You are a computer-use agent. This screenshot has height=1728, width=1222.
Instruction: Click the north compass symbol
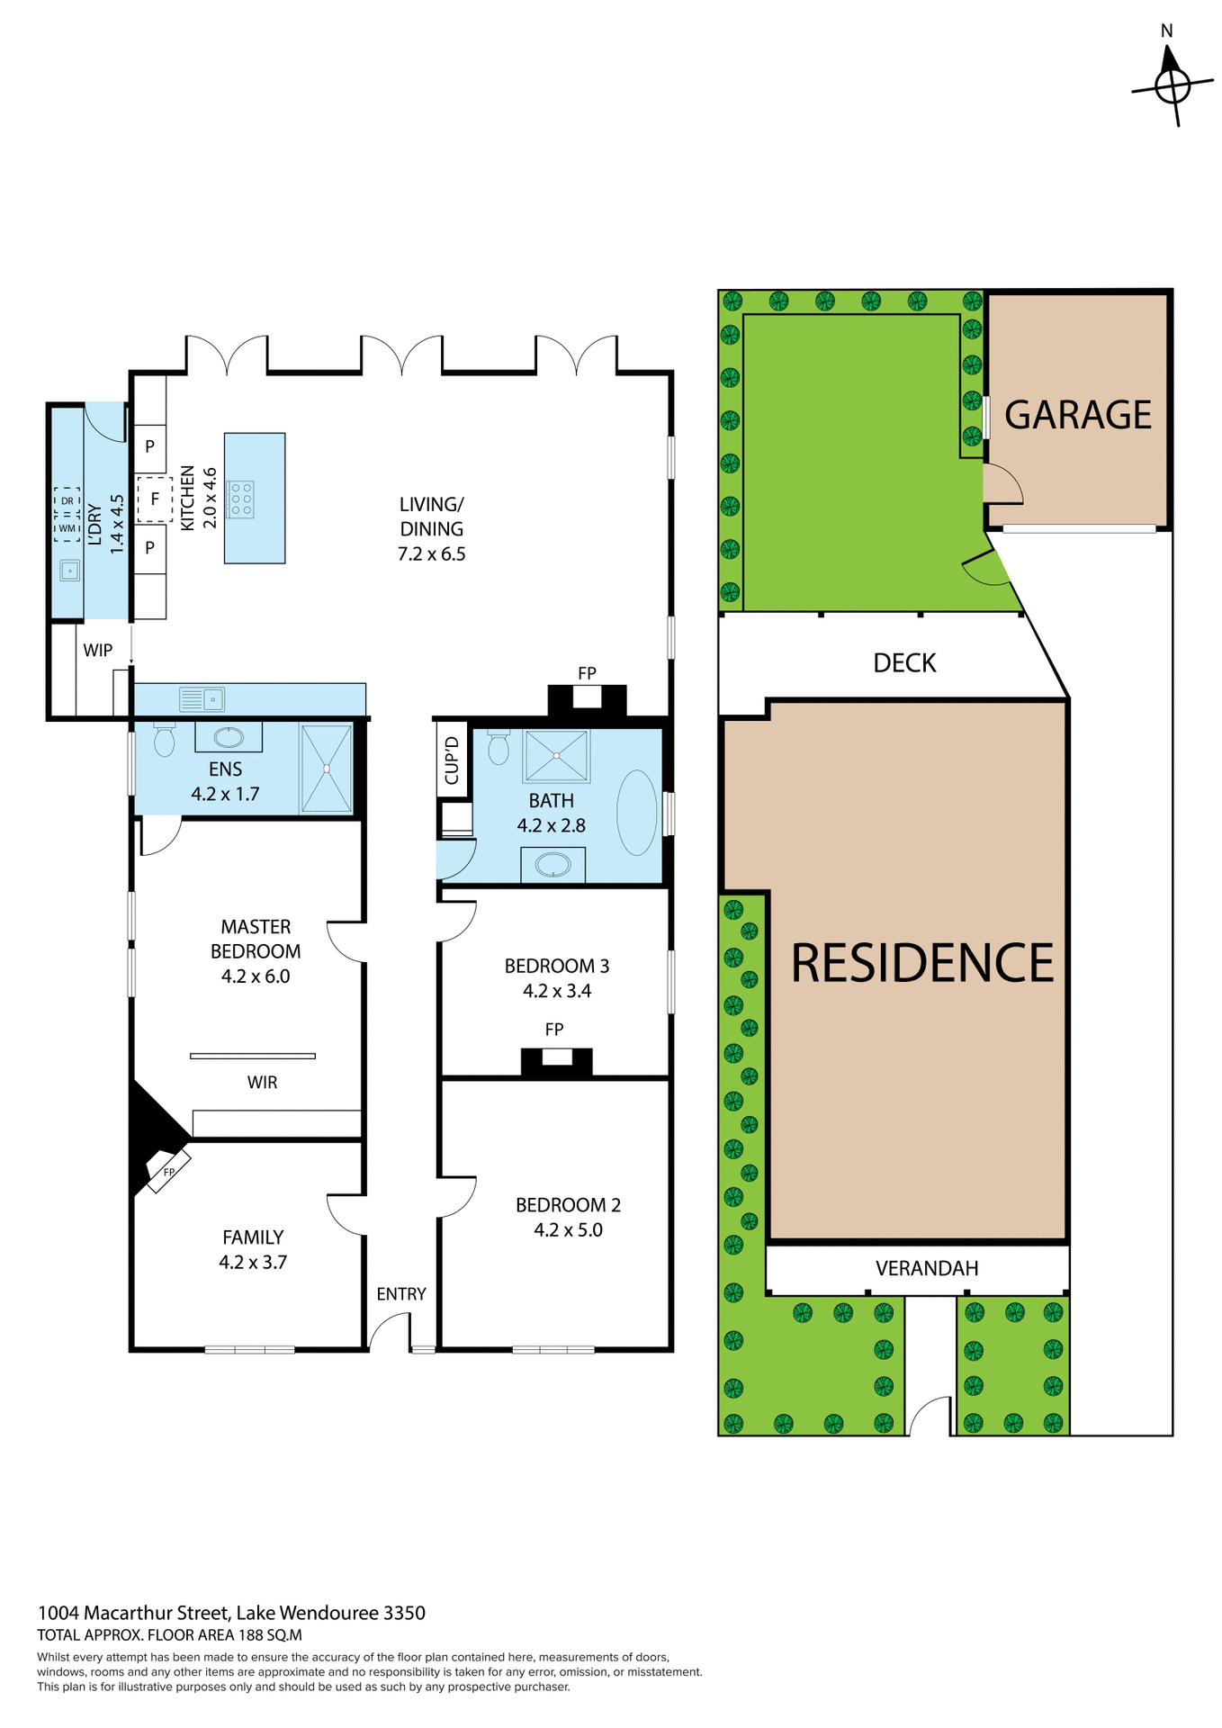pos(1172,86)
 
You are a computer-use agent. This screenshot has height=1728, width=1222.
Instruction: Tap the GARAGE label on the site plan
pos(1077,415)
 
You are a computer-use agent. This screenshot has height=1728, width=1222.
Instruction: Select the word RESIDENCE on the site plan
pos(921,963)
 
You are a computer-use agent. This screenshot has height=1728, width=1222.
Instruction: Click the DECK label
pos(904,663)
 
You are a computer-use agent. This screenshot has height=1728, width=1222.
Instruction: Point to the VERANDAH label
pos(926,1268)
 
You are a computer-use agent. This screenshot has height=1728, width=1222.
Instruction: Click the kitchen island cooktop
pos(241,499)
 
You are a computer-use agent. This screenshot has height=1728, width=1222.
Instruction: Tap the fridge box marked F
pos(155,499)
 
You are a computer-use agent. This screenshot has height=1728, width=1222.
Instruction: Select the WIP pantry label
pos(97,650)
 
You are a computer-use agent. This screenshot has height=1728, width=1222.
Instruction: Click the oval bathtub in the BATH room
pos(637,813)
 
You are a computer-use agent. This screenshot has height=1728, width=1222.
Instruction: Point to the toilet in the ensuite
pos(164,740)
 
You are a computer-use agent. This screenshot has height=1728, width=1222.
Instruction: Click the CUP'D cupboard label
pos(452,760)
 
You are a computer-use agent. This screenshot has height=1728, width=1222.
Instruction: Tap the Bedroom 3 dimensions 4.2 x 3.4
pos(556,991)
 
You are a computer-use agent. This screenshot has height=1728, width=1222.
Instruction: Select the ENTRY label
pos(400,1294)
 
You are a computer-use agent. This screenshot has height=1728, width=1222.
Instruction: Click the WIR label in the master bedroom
pos(262,1083)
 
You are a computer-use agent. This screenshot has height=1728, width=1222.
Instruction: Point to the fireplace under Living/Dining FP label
pos(587,698)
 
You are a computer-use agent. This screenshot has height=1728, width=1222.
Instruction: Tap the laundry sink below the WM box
pos(69,571)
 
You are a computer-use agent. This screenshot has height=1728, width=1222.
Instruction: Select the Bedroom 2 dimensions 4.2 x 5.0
pos(568,1230)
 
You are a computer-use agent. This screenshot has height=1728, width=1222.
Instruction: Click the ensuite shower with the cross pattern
pos(326,769)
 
